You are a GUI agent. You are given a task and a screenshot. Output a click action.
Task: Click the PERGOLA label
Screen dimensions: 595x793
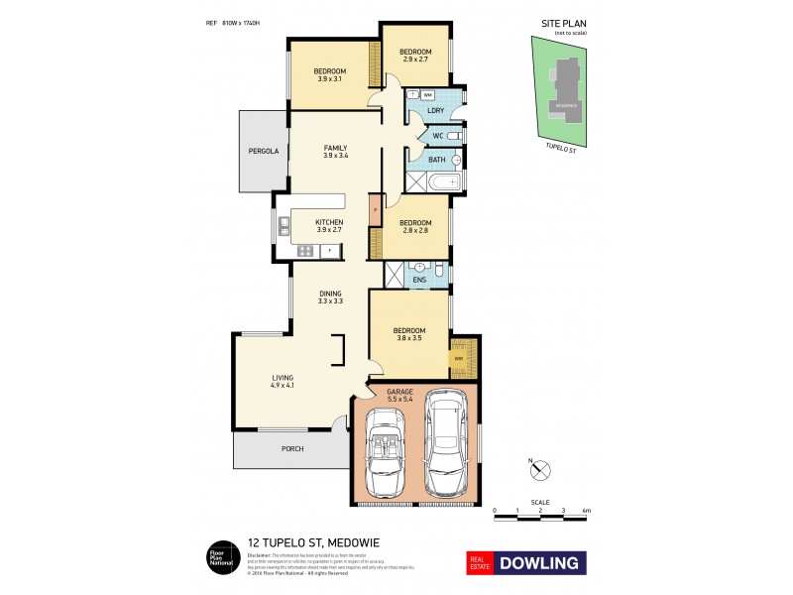point(263,152)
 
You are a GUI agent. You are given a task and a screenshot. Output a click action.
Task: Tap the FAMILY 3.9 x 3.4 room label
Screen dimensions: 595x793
point(334,152)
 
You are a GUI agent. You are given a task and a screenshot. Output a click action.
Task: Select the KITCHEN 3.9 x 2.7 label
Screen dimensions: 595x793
point(329,226)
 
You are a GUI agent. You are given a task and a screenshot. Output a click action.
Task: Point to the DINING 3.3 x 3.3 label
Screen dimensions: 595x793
point(331,297)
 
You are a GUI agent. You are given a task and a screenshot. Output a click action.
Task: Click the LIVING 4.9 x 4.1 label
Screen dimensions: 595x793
point(283,382)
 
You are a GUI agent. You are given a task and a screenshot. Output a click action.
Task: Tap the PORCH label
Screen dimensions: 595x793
point(291,449)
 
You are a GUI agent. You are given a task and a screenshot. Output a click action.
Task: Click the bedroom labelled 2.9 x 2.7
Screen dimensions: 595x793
point(415,56)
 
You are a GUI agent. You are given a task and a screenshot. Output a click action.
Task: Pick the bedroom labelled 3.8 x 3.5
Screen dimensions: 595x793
point(408,334)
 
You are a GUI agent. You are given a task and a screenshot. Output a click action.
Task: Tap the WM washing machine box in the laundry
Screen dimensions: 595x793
point(428,94)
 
